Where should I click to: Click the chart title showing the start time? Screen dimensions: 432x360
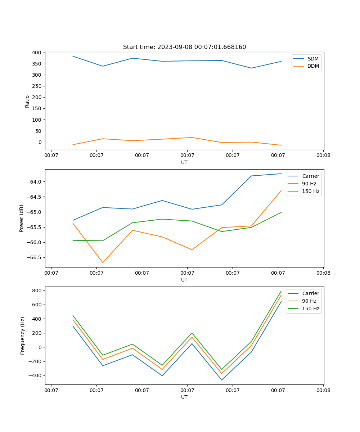pos(184,47)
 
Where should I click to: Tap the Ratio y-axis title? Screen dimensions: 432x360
pos(27,101)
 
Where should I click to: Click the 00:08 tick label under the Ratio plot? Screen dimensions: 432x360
pos(323,156)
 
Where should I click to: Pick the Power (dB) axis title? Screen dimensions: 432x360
pos(22,218)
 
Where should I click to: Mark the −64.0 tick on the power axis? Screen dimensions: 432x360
pos(35,182)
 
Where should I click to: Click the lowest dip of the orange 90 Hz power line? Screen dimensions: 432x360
pos(103,262)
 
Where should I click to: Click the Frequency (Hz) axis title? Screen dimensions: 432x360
pos(23,336)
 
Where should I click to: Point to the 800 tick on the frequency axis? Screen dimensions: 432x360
pos(37,291)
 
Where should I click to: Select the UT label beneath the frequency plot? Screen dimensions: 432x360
pos(184,397)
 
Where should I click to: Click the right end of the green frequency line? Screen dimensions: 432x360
pos(281,291)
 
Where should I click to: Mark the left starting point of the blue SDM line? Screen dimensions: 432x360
pos(73,56)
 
